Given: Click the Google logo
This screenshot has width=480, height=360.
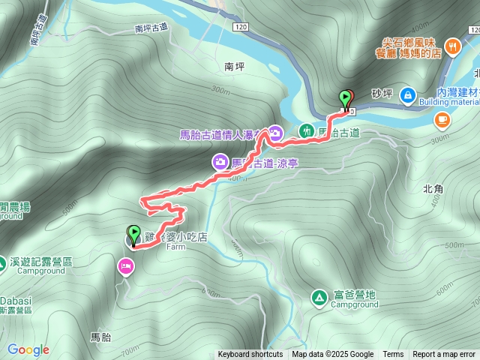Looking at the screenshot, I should [28, 349].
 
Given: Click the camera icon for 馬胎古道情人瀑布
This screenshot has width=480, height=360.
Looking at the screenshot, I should [275, 133].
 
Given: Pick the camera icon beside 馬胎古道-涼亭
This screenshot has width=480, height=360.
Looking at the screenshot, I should [220, 161].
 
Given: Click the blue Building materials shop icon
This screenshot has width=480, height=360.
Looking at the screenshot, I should [407, 95].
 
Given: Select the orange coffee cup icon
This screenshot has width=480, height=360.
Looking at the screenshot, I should [442, 119].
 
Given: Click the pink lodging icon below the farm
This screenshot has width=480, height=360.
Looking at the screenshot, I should [124, 266].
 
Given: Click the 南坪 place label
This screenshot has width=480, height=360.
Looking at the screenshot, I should [235, 66].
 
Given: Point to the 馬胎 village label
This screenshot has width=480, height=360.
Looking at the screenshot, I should [100, 336].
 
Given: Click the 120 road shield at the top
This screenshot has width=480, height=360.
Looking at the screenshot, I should [240, 27].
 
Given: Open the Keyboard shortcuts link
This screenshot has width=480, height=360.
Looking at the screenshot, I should [250, 354].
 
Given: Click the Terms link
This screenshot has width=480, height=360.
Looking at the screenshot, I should [393, 354].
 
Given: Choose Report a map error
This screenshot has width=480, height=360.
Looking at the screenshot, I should [444, 354].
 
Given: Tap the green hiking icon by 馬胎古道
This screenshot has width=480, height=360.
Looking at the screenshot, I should [307, 131].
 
